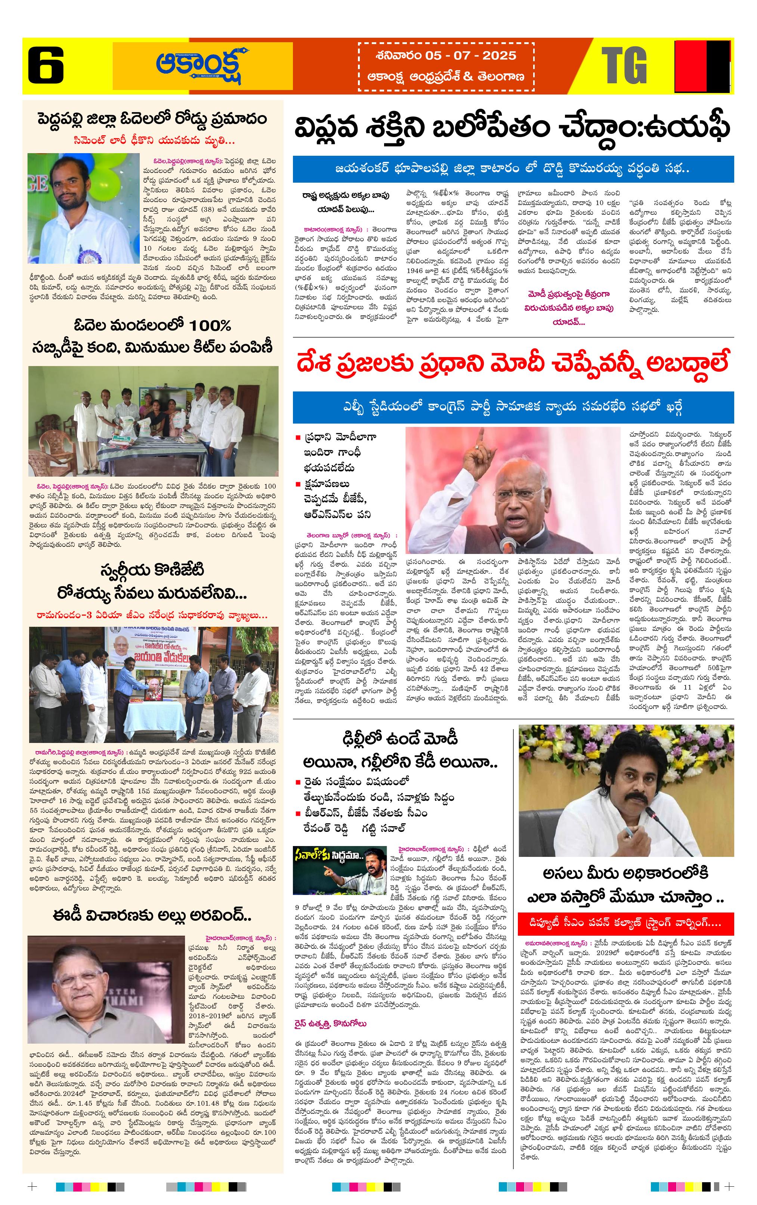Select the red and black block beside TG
[x=702, y=66]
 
